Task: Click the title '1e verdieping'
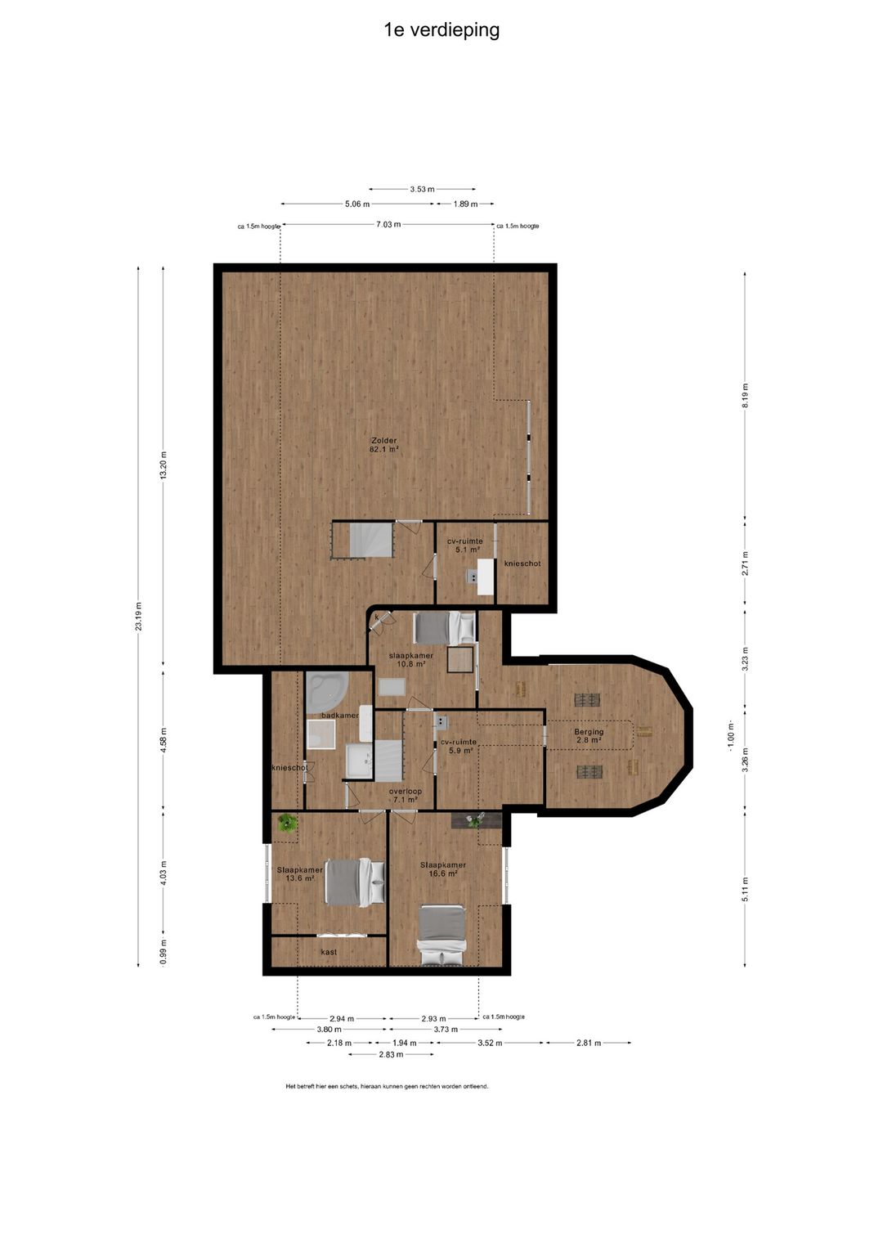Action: coord(441,30)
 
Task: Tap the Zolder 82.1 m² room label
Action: coord(383,445)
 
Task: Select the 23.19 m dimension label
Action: coord(138,616)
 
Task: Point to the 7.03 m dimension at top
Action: coord(388,225)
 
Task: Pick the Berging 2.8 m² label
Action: coord(589,736)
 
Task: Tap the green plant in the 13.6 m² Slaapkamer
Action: coord(288,823)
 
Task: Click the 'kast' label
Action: coord(329,952)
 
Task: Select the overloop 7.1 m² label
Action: coord(405,795)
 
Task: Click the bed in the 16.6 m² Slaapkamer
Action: coord(441,935)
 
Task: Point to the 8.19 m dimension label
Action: coord(745,395)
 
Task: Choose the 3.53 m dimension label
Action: coord(422,189)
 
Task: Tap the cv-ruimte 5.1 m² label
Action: coord(465,545)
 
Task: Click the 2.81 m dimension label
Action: coord(589,1043)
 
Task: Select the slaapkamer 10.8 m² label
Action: coord(410,660)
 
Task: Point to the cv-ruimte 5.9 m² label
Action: coord(459,746)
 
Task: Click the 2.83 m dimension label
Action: coord(391,1055)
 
